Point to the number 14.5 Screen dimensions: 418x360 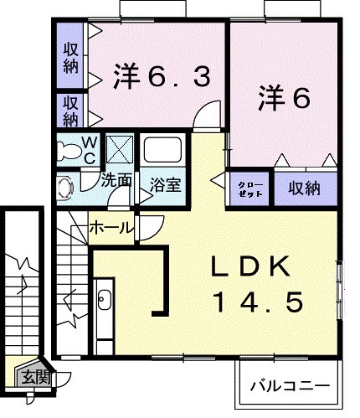pos(255,302)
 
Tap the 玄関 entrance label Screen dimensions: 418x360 pos(36,377)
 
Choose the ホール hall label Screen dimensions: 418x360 pos(109,226)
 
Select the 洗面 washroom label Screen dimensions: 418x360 pos(116,180)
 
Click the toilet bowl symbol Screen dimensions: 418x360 pos(68,152)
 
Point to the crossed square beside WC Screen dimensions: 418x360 pos(119,151)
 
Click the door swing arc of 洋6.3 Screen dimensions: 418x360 pos(203,117)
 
